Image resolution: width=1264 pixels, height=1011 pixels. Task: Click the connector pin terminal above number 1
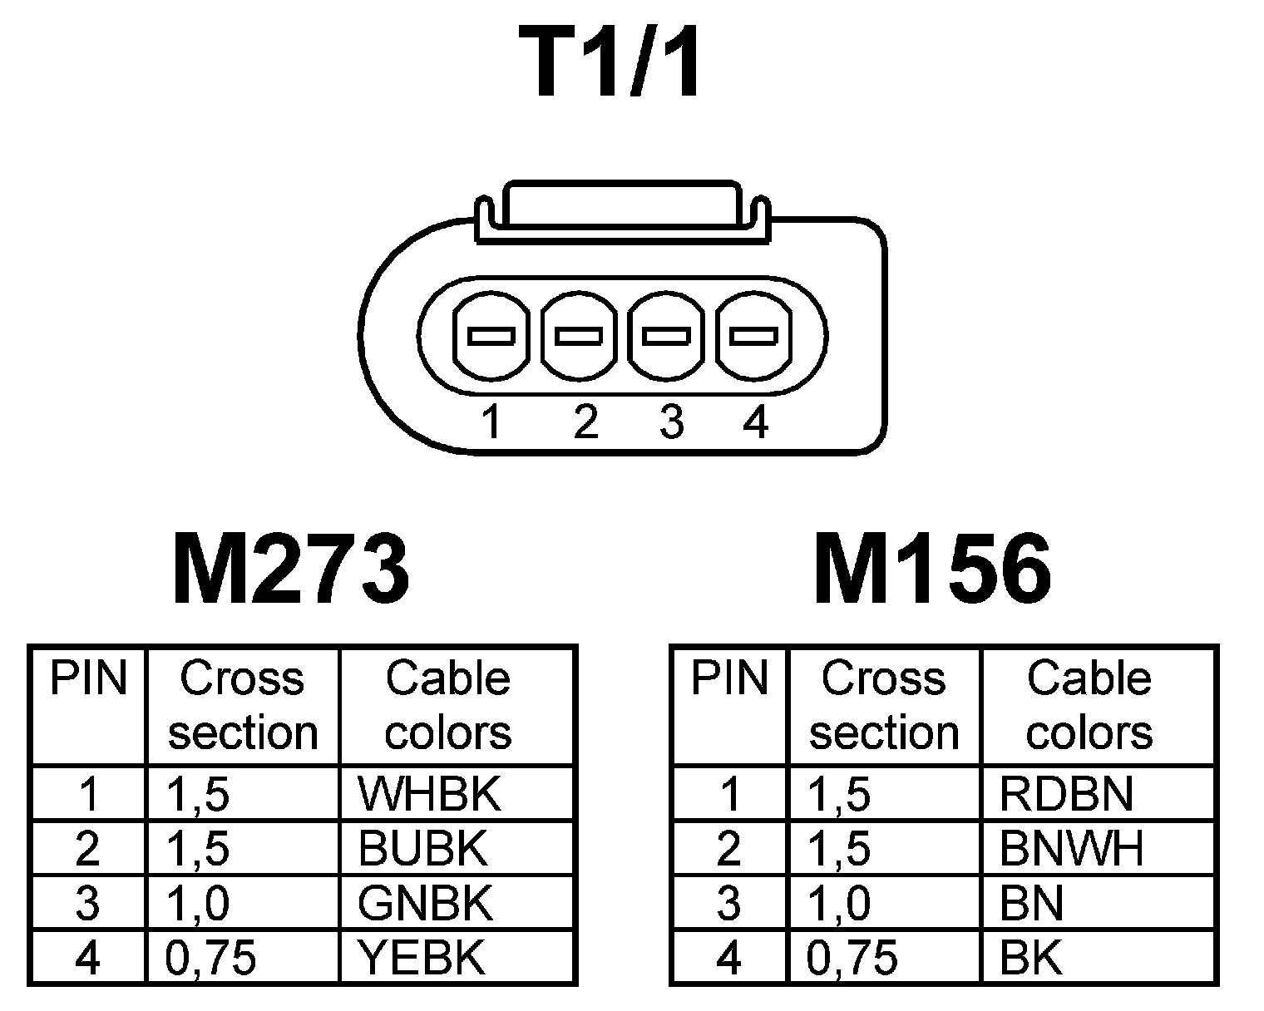pyautogui.click(x=491, y=336)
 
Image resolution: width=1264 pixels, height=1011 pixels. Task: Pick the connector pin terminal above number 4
pyautogui.click(x=753, y=336)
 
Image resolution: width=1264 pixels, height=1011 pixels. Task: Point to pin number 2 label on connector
pyautogui.click(x=585, y=422)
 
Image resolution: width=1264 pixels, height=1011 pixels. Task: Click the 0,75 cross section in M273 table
pyautogui.click(x=210, y=959)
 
